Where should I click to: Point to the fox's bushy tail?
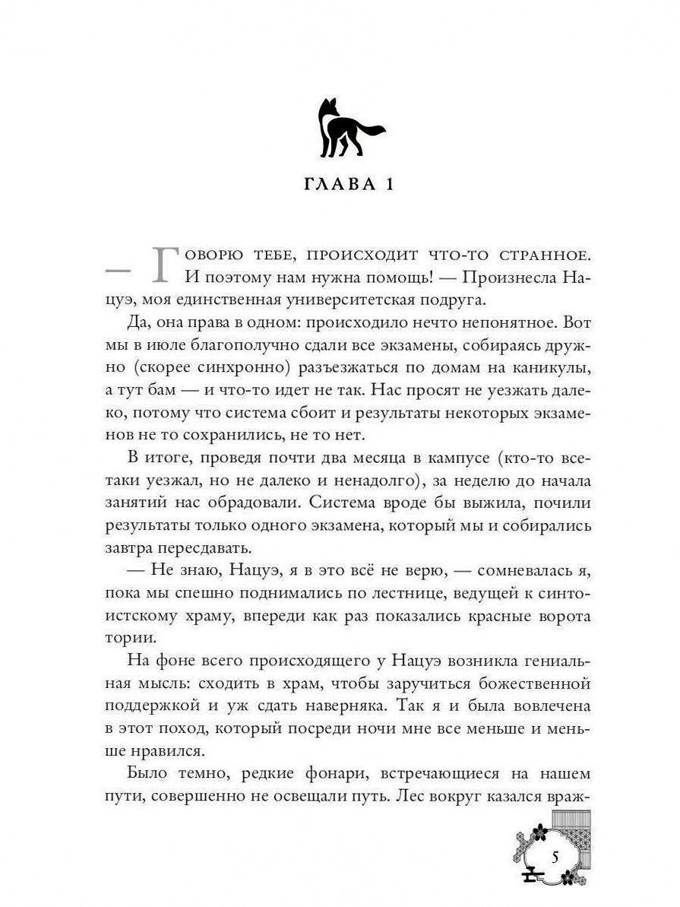click(x=371, y=131)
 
